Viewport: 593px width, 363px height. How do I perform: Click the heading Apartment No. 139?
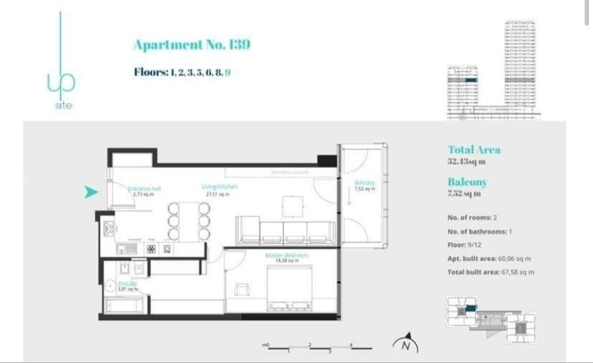point(192,45)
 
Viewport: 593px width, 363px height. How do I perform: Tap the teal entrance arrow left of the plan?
point(91,192)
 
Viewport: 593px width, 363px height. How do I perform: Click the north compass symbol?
point(406,345)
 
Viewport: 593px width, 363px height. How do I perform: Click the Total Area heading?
point(474,150)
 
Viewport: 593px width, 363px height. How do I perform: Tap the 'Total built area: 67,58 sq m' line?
point(490,272)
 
